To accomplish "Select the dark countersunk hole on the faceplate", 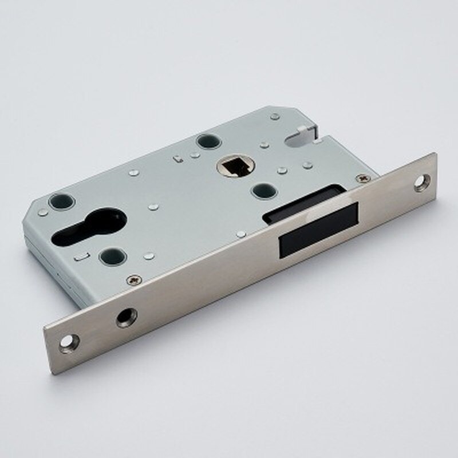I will click(127, 317).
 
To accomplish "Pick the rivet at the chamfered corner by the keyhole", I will click(43, 213).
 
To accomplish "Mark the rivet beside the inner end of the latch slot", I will click(242, 234).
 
